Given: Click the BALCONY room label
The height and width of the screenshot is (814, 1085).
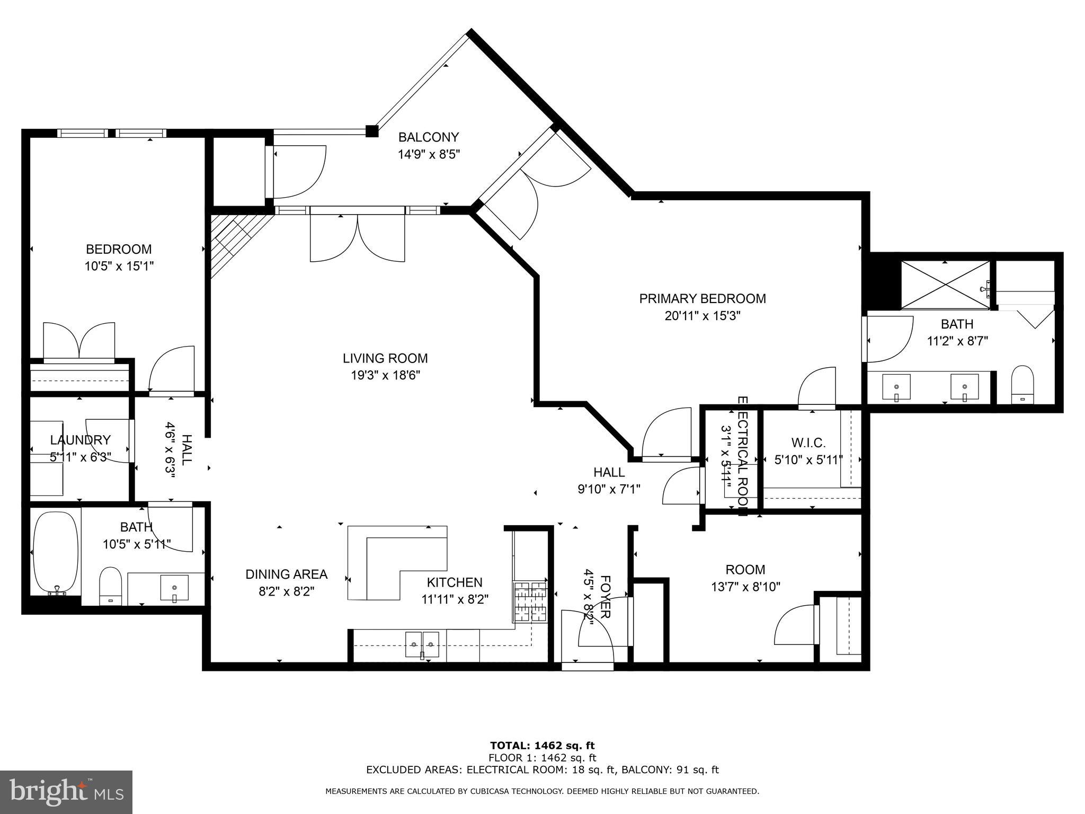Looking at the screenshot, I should (x=428, y=137).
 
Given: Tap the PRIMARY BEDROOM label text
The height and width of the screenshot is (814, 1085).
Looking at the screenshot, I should (x=702, y=298).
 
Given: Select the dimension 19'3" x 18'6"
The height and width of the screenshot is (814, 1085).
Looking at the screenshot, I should (x=385, y=375).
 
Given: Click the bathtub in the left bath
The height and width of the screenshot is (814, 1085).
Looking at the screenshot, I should (x=56, y=552).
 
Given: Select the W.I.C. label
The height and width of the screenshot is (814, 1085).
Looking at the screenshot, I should (x=808, y=443).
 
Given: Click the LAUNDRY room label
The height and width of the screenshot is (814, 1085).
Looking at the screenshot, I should (x=80, y=440).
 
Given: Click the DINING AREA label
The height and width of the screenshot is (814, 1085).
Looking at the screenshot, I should (x=286, y=574).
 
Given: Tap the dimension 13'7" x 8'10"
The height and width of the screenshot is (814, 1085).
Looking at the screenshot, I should (x=745, y=587).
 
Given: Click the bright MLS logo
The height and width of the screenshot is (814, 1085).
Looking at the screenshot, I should (x=66, y=792).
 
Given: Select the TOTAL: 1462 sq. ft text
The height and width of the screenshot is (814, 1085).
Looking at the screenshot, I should (x=542, y=746).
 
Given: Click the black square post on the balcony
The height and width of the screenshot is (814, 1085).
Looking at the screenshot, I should (x=372, y=131).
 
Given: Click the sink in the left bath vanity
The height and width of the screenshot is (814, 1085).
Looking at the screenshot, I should (x=174, y=589).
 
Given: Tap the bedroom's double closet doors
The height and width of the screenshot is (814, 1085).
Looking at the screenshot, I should (x=79, y=342).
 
